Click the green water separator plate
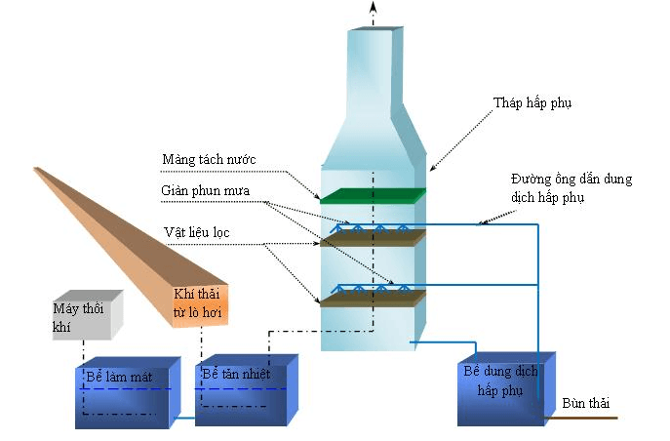tap(374, 195)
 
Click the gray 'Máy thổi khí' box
tap(87, 314)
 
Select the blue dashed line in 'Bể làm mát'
tap(127, 389)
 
